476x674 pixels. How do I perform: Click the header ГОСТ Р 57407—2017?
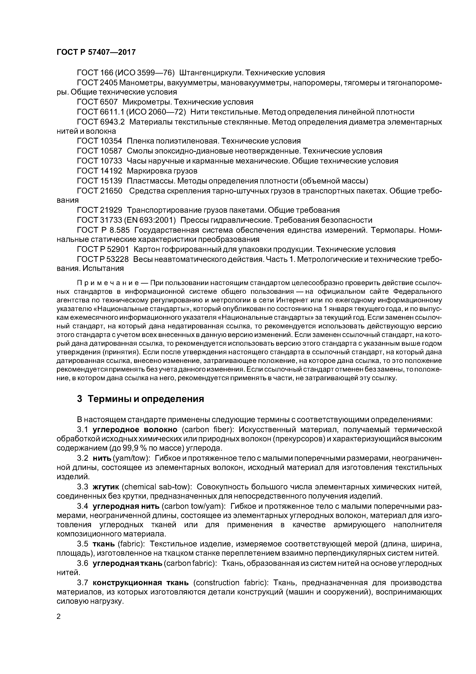(96, 52)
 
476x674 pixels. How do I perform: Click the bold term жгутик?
(106, 487)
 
